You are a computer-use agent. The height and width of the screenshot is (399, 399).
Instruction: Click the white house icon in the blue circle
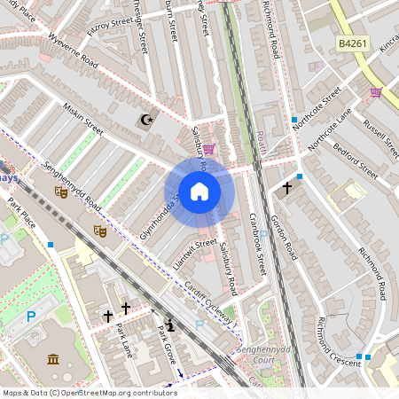click(x=199, y=191)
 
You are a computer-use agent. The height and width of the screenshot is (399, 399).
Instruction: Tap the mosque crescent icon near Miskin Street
click(x=145, y=120)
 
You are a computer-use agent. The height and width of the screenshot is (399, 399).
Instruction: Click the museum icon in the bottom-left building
click(x=52, y=359)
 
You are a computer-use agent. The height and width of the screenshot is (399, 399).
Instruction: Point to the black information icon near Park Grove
click(x=170, y=325)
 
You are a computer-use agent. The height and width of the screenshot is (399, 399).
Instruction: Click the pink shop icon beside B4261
click(x=375, y=92)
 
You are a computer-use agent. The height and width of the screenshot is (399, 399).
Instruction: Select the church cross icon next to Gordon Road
click(x=286, y=188)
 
